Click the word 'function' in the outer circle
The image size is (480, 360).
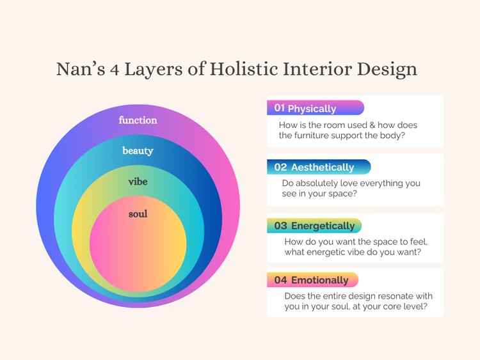138,120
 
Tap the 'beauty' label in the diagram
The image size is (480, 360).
138,151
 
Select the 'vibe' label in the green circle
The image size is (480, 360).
138,182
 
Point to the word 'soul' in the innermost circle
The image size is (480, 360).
138,214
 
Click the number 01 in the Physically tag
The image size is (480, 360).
279,108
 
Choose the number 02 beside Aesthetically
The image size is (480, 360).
280,168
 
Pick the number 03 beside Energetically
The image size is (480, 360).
280,226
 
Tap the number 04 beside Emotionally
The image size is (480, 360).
280,280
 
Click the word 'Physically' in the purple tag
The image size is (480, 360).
312,109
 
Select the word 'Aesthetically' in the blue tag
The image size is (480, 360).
323,168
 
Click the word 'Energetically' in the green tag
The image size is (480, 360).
323,226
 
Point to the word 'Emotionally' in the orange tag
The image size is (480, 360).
319,280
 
